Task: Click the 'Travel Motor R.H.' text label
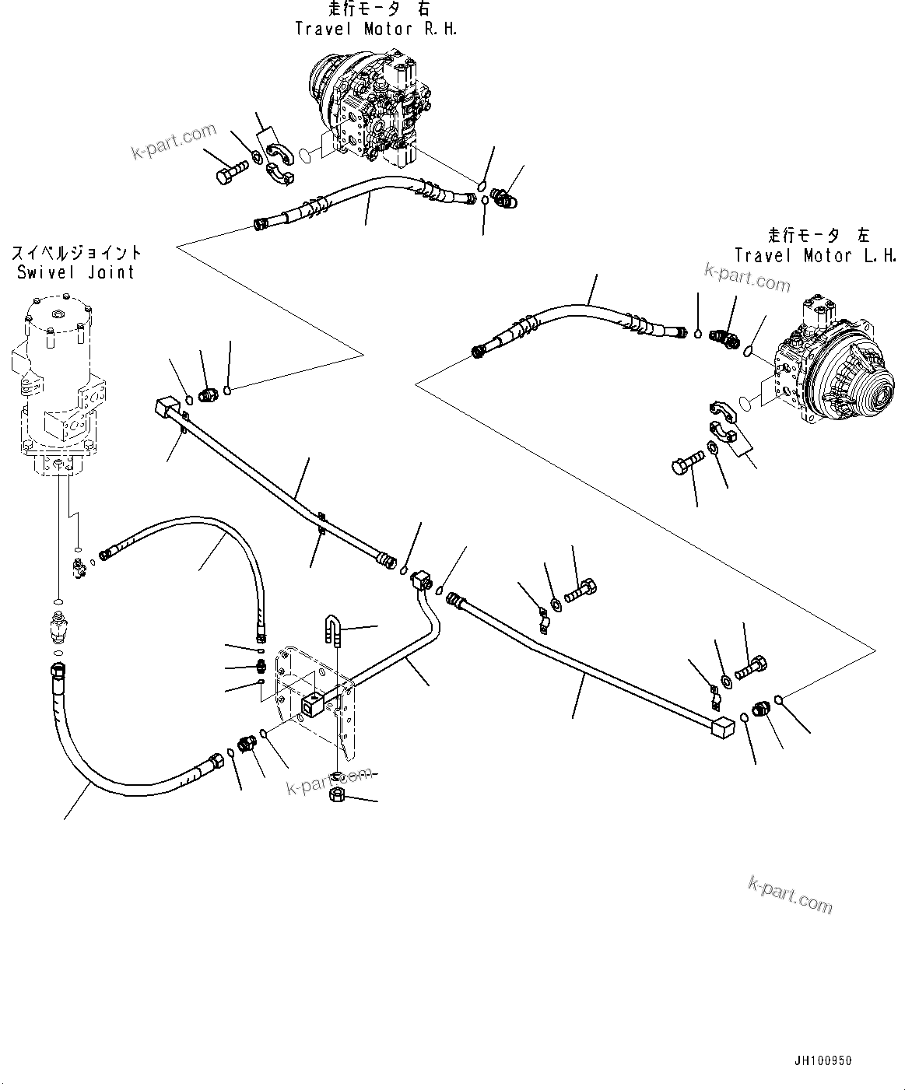pyautogui.click(x=376, y=29)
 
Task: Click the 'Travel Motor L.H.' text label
pyautogui.click(x=816, y=255)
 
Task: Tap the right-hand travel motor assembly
pyautogui.click(x=366, y=109)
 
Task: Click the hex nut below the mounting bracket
pyautogui.click(x=338, y=796)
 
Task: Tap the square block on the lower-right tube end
pyautogui.click(x=723, y=730)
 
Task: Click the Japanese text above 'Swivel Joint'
pyautogui.click(x=76, y=252)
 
